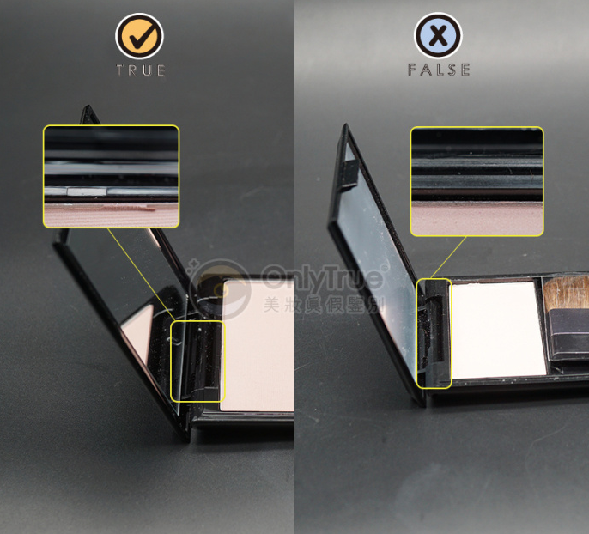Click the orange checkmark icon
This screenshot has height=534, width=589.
tap(139, 36)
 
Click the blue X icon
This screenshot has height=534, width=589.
tap(438, 35)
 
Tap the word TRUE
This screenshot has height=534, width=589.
tap(141, 70)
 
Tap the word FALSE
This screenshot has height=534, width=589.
tap(439, 70)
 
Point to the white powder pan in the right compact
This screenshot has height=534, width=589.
tap(499, 330)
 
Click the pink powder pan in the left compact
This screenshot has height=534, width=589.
tap(258, 345)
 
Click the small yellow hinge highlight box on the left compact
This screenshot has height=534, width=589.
tap(197, 361)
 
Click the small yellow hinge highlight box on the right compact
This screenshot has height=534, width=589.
tap(434, 333)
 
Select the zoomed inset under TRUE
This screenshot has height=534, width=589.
tap(112, 177)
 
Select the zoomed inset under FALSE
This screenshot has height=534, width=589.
tap(477, 181)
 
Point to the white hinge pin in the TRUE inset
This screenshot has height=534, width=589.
tap(87, 191)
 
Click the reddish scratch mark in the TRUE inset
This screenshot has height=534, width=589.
tap(128, 209)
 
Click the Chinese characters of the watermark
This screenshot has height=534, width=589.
tap(323, 304)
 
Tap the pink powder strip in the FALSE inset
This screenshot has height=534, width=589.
tap(477, 219)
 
